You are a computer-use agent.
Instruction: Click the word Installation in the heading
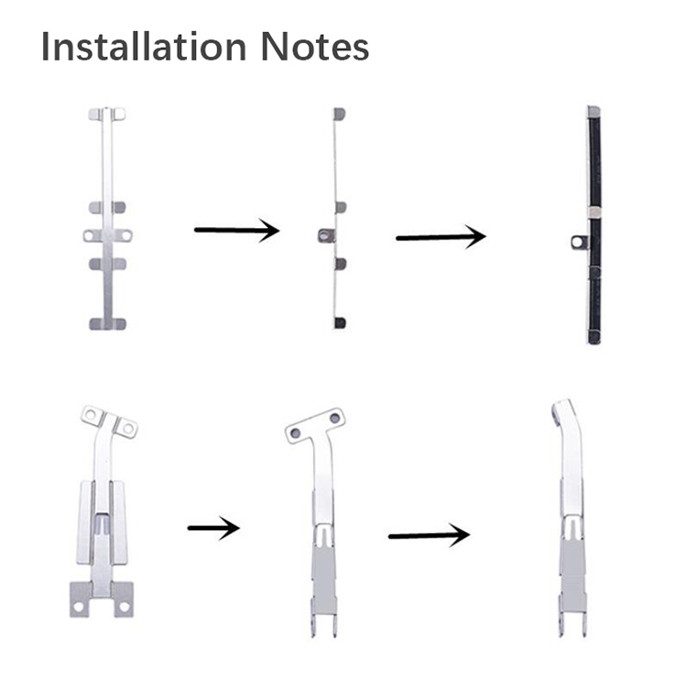[x=144, y=46]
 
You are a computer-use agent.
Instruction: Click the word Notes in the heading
[x=314, y=46]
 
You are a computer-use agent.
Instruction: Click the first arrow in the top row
[x=236, y=230]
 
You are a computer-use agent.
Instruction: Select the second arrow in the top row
[x=441, y=237]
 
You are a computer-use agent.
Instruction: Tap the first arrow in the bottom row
[x=213, y=528]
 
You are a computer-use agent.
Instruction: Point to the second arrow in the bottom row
[x=430, y=535]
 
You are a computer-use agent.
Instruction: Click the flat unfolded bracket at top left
[x=108, y=218]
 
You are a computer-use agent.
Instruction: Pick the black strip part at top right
[x=594, y=224]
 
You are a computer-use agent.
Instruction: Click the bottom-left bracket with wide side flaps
[x=102, y=510]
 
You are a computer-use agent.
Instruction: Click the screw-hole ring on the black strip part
[x=579, y=243]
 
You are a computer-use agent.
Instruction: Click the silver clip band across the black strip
[x=594, y=213]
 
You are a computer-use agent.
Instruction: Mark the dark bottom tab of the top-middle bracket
[x=340, y=323]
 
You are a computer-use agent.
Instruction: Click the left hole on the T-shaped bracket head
[x=295, y=433]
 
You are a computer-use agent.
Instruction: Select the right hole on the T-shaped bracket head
[x=334, y=418]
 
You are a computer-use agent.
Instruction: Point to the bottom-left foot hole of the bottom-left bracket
[x=79, y=607]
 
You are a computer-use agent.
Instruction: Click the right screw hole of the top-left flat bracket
[x=125, y=235]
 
